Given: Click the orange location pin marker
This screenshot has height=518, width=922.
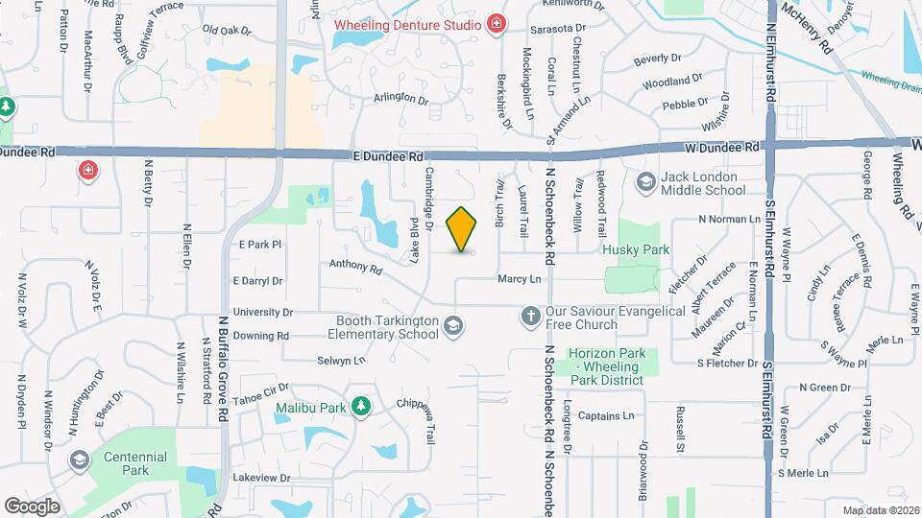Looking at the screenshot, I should pyautogui.click(x=462, y=230).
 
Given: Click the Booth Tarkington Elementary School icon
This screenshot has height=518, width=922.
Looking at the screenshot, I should pyautogui.click(x=452, y=328).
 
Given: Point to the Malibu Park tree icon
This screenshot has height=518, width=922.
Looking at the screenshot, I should pyautogui.click(x=360, y=407).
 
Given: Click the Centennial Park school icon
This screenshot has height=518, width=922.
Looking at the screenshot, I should pyautogui.click(x=79, y=462).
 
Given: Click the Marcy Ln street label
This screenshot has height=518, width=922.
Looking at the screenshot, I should pyautogui.click(x=520, y=279).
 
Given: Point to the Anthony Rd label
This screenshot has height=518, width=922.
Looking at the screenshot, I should pyautogui.click(x=350, y=265).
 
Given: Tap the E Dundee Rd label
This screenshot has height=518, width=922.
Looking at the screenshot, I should pyautogui.click(x=388, y=155).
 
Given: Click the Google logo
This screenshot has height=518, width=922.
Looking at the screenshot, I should pyautogui.click(x=32, y=505).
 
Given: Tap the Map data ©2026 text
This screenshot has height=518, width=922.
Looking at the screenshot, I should pyautogui.click(x=880, y=510).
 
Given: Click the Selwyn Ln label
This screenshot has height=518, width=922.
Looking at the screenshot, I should pyautogui.click(x=342, y=361).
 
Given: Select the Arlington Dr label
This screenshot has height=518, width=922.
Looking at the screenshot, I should pyautogui.click(x=400, y=98).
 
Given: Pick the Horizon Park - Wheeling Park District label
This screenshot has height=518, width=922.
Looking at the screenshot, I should pyautogui.click(x=605, y=361).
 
